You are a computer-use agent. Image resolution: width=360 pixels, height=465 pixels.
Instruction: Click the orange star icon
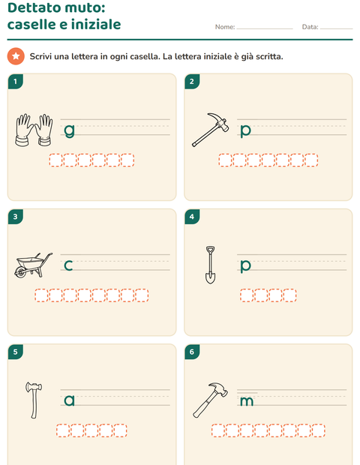click(16, 56)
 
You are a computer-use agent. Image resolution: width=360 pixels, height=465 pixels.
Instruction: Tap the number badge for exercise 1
click(16, 81)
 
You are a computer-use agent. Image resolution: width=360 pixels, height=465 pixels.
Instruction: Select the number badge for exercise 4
click(192, 217)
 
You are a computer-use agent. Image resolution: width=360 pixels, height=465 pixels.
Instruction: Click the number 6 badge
click(192, 352)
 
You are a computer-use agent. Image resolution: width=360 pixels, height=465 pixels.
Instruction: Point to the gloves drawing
click(34, 130)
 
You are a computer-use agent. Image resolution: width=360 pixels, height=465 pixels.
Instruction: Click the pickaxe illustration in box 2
click(211, 130)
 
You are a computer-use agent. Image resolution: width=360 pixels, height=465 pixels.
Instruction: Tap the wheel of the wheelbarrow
click(20, 272)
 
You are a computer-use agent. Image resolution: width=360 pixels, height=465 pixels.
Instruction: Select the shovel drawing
click(210, 265)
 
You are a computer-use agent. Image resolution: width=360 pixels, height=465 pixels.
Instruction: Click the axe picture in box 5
click(34, 400)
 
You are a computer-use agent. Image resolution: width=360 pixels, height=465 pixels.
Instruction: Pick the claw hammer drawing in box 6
click(210, 400)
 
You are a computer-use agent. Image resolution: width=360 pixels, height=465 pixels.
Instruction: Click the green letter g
click(70, 130)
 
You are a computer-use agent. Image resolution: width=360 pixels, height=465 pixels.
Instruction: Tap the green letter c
click(68, 265)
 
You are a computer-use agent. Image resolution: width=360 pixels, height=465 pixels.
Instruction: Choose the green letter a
click(70, 400)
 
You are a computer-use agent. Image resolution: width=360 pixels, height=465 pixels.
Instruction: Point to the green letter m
click(247, 401)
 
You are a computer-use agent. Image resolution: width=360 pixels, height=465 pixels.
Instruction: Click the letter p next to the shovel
click(245, 266)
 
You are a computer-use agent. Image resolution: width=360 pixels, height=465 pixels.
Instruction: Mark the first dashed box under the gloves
click(55, 160)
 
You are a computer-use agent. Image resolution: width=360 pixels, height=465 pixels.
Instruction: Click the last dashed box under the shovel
click(289, 295)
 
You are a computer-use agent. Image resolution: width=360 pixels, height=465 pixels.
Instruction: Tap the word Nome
click(225, 27)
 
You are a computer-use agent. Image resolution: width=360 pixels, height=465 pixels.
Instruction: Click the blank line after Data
click(336, 28)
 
